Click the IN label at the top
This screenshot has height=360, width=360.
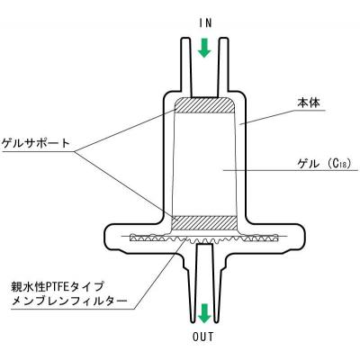[x=205, y=23]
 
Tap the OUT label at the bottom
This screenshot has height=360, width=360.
[x=203, y=337]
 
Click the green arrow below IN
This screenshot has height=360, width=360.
[x=205, y=48]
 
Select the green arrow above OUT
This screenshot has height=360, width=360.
[x=205, y=313]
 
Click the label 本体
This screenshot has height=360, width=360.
[x=309, y=103]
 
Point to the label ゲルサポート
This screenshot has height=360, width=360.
[x=36, y=143]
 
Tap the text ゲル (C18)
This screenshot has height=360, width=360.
[x=324, y=164]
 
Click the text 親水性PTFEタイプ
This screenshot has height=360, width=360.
[x=58, y=286]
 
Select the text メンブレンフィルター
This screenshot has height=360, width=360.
[x=68, y=301]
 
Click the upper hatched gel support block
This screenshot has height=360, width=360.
[x=204, y=105]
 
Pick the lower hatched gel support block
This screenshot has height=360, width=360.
[x=204, y=223]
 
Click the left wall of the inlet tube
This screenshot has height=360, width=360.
[x=184, y=65]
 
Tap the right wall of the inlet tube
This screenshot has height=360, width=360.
[x=224, y=65]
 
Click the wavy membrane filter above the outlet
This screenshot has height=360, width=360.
[x=204, y=238]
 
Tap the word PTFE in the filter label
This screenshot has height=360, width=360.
[x=57, y=287]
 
